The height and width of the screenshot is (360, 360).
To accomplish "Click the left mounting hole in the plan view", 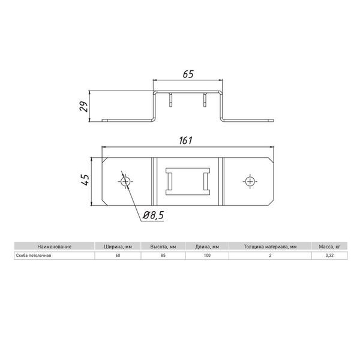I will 125,181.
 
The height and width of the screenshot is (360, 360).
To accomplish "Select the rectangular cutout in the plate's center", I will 187,181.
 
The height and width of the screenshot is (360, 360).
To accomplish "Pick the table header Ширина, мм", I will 117,247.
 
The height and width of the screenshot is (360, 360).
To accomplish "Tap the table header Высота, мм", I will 163,247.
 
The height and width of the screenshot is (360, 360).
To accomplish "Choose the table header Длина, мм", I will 207,247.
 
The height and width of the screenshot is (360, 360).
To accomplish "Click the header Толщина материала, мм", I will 270,247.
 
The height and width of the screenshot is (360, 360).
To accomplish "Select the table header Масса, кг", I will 330,247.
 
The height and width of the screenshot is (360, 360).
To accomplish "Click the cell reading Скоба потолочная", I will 34,256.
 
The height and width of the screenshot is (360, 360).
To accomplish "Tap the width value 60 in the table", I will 117,256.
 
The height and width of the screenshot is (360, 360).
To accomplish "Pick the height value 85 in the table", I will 163,256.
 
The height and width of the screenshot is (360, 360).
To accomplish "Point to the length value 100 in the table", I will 207,256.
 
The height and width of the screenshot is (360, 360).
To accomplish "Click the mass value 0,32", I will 330,256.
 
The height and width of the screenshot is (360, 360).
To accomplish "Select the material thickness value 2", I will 271,256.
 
